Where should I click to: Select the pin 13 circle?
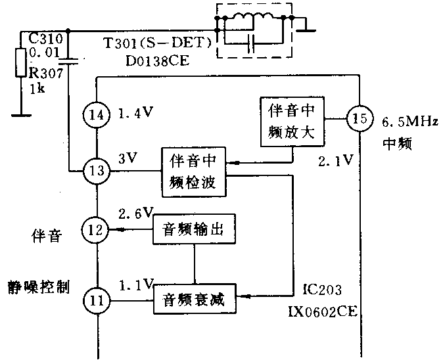(97, 172)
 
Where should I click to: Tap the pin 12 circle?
(97, 230)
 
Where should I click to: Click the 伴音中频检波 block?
(193, 172)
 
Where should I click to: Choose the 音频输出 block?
(193, 230)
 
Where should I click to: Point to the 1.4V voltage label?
(136, 112)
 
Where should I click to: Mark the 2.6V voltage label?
(135, 212)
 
